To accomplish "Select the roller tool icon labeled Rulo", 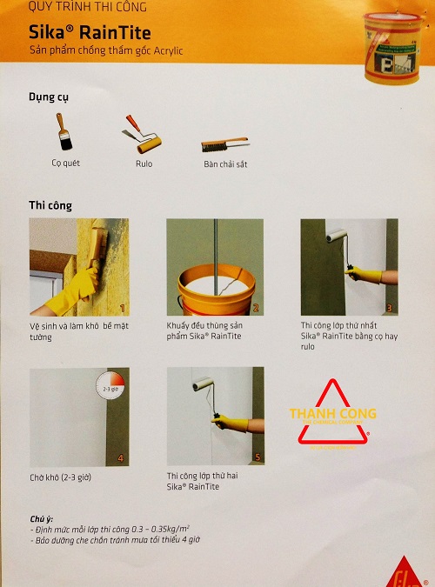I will coord(142,135).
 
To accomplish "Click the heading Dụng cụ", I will coord(50,97).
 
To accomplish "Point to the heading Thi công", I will coord(50,206).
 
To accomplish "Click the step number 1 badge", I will coord(122,308).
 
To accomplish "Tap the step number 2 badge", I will coord(256,308).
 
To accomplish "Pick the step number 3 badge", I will coord(390,308).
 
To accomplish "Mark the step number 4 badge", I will coord(122,458).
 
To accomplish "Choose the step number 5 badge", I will coord(256,458).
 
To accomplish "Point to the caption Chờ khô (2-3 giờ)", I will coord(64,477).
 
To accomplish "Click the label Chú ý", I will coord(43,517).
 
